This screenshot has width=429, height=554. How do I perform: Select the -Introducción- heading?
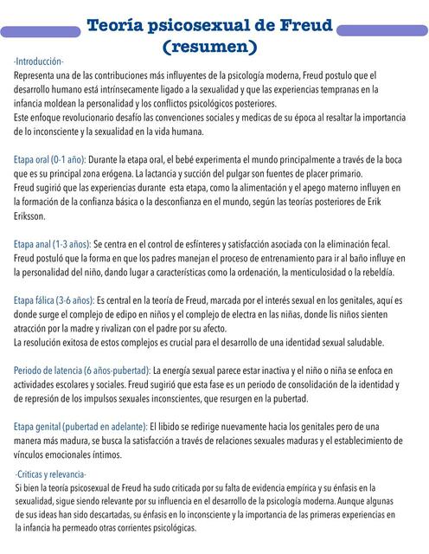click(x=39, y=62)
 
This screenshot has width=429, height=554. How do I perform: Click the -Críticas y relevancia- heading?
click(x=51, y=474)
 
